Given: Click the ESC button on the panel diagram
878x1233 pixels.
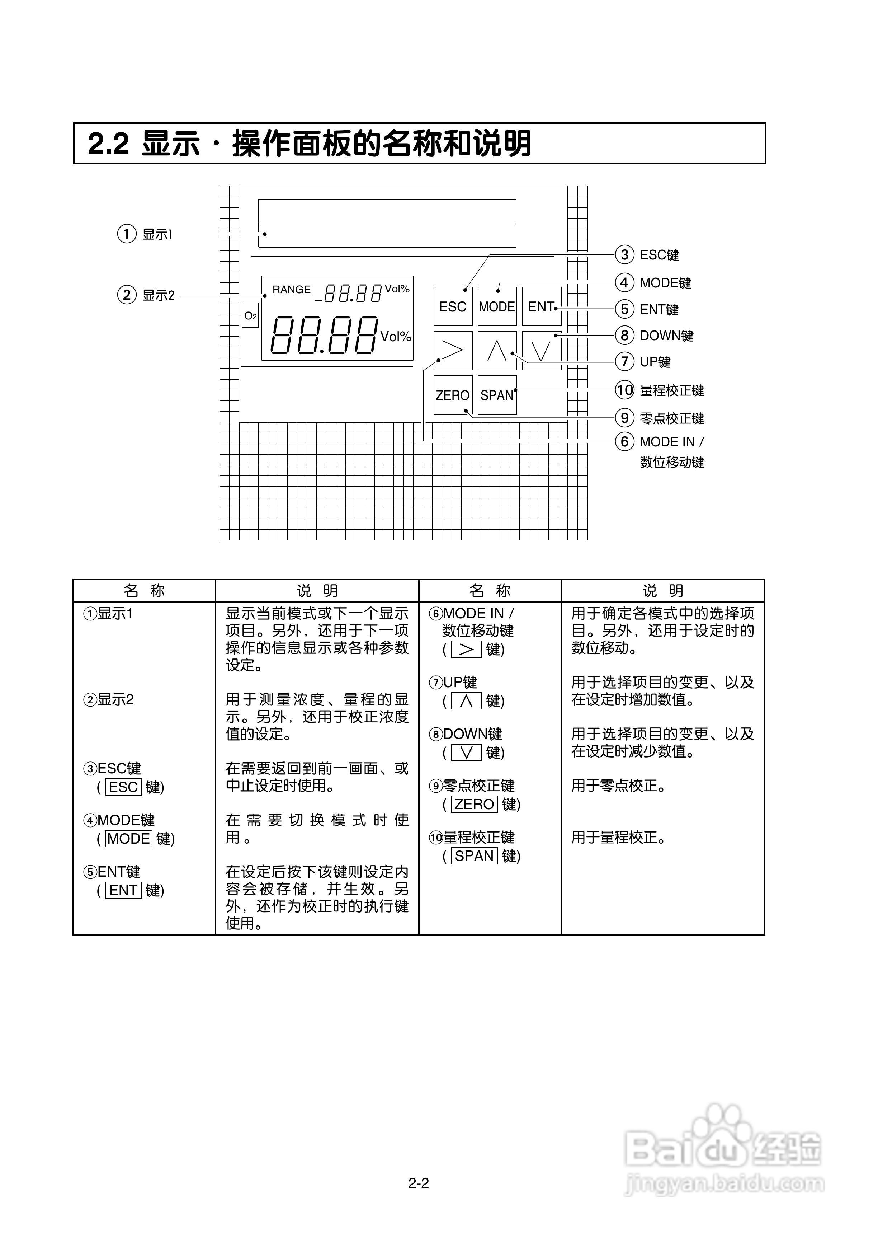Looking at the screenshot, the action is (453, 306).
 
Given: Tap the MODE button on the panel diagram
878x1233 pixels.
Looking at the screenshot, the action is (497, 306).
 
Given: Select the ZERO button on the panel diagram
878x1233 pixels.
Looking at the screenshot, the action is (453, 395).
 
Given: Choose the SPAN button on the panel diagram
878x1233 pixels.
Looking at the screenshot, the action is (497, 395).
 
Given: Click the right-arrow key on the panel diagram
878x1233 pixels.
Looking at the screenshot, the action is (453, 351).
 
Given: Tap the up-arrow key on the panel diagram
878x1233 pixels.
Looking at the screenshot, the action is (497, 351).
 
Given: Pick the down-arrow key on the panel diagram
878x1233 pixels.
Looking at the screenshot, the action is (541, 351).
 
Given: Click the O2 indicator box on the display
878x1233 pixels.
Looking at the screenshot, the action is (250, 316).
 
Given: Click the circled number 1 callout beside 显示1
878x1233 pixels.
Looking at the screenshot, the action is (127, 234).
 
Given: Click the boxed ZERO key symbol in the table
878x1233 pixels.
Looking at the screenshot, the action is (474, 804).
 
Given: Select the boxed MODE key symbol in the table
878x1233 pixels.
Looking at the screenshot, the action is (129, 839).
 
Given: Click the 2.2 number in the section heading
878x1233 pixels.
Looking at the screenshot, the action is (108, 144).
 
